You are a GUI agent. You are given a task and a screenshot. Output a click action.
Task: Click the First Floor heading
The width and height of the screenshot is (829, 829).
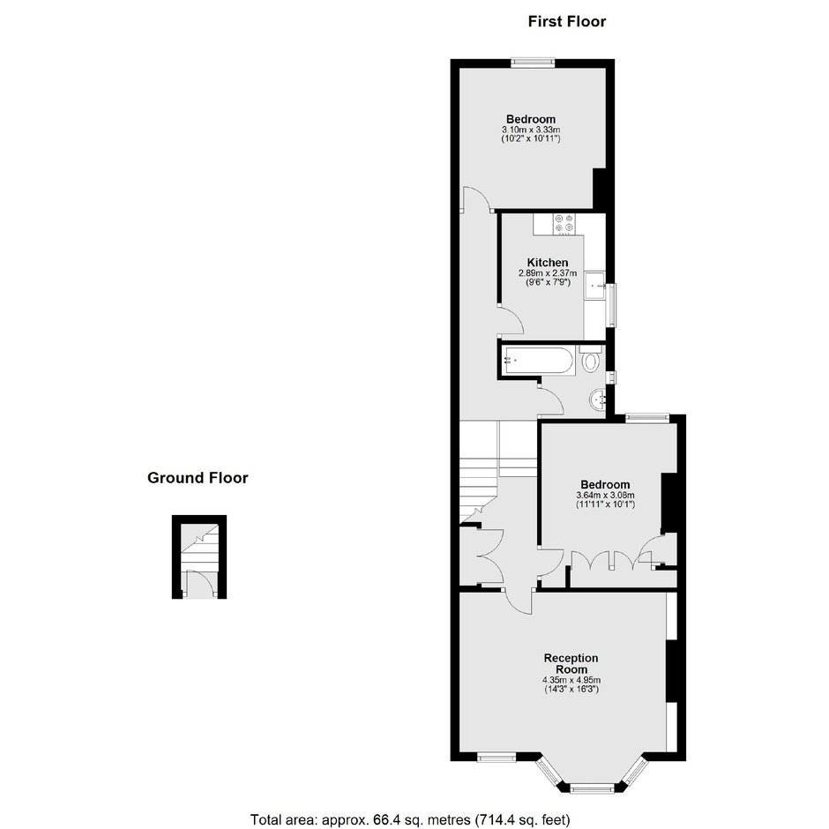[x=567, y=22]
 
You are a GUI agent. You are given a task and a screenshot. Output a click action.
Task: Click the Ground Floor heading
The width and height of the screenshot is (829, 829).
[x=198, y=478]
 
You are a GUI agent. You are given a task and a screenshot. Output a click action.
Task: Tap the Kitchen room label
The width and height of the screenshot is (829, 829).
[x=548, y=262]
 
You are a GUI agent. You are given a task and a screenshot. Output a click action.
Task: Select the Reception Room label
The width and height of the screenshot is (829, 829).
[x=571, y=663]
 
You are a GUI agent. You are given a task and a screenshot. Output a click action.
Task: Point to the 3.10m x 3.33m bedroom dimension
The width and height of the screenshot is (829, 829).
[x=531, y=130]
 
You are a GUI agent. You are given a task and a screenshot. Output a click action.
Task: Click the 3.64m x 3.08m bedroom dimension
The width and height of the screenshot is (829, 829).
[x=605, y=496]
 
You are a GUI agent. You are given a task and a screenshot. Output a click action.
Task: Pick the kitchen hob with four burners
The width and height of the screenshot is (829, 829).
[x=564, y=223]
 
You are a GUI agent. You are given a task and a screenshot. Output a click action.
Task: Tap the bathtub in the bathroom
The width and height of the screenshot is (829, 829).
[x=538, y=361]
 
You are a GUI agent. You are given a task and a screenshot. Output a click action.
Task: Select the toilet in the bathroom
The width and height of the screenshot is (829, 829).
[x=591, y=359]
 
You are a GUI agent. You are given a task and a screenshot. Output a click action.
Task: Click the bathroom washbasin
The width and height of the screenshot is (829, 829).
[x=599, y=400]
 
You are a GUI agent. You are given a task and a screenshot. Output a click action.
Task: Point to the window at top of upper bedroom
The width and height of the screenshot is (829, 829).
[x=533, y=63]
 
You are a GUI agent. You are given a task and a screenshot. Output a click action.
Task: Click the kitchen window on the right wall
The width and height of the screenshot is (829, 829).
[x=611, y=305]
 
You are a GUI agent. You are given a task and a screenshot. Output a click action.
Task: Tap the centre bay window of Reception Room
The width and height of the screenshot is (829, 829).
[x=592, y=789]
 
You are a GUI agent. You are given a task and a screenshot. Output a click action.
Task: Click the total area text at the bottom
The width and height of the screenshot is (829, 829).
[x=410, y=820]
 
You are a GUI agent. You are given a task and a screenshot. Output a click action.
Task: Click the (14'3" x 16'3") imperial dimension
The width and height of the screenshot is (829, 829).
[x=571, y=690]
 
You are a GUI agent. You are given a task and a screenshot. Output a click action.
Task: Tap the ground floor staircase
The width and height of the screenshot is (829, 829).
[x=199, y=548]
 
